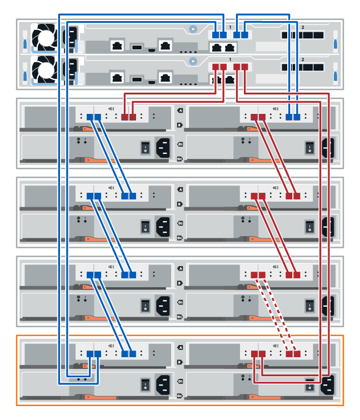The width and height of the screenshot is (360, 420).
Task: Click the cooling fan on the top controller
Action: [43, 37]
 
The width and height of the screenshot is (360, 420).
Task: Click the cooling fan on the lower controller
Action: [43, 69]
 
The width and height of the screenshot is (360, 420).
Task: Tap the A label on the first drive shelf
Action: [179, 111]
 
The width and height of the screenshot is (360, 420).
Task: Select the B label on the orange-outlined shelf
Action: [179, 362]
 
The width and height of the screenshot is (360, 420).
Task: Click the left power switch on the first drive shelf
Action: [145, 147]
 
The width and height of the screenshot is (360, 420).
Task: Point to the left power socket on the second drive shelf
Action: [163, 226]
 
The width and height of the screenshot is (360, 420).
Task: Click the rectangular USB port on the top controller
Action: [137, 46]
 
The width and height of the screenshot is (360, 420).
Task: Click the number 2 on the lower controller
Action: [303, 59]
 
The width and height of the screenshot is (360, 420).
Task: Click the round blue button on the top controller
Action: [192, 28]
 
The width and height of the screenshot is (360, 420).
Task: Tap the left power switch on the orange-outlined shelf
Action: [145, 383]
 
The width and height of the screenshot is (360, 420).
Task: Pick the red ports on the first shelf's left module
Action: [128, 117]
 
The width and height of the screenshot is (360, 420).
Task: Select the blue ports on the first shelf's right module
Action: [293, 117]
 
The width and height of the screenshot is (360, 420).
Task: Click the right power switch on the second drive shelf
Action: [309, 226]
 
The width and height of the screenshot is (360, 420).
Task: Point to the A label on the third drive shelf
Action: [179, 268]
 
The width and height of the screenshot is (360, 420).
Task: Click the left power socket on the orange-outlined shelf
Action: [163, 383]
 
